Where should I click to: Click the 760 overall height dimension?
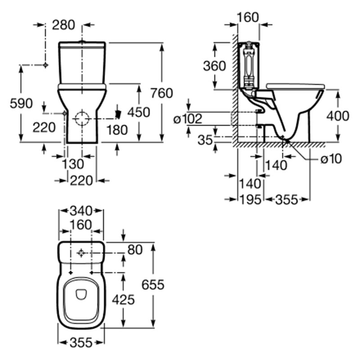162,93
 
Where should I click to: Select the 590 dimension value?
21,103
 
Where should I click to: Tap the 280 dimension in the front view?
63,25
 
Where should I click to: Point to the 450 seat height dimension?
139,112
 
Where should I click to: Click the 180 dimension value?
117,130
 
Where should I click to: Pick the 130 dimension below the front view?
73,164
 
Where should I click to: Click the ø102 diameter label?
188,119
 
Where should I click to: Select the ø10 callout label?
331,158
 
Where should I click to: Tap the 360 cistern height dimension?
215,66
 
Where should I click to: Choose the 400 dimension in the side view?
338,116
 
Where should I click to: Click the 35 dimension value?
205,139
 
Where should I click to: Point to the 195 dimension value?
250,199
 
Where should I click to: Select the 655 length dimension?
153,285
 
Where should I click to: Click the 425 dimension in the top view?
123,300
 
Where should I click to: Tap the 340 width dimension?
81,211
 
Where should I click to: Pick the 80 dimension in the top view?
135,250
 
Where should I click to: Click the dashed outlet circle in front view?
82,119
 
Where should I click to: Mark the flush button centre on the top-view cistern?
81,253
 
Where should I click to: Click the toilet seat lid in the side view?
295,86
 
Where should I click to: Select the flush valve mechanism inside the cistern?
248,65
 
